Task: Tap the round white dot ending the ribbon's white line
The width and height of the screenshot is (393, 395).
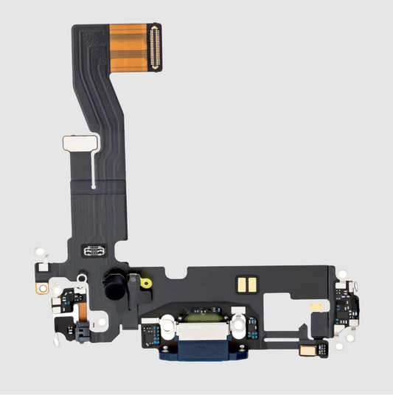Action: tap(94, 188)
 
